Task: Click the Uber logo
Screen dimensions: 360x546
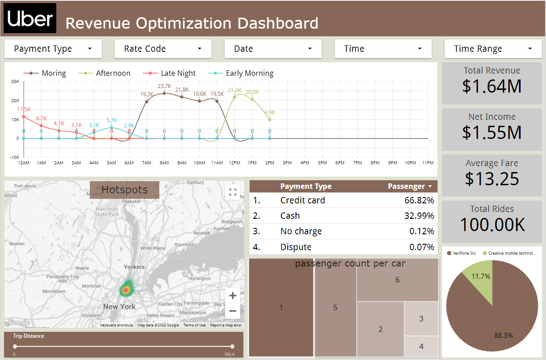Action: (30, 18)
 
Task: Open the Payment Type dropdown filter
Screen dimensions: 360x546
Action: (53, 49)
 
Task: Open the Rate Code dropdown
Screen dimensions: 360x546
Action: (163, 49)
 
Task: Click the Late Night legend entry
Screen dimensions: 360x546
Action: (178, 73)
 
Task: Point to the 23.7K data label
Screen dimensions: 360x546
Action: (164, 86)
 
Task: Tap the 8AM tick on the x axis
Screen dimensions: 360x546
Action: (164, 163)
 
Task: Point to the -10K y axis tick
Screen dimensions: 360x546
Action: (15, 157)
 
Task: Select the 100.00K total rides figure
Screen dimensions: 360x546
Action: (492, 225)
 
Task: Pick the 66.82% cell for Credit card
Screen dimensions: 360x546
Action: (419, 200)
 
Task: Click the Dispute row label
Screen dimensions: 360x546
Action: (296, 247)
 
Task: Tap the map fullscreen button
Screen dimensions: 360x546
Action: (233, 192)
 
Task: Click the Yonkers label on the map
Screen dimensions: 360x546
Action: (134, 267)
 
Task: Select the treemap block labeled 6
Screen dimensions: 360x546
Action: (397, 280)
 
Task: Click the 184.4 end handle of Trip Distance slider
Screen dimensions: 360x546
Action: (232, 346)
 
